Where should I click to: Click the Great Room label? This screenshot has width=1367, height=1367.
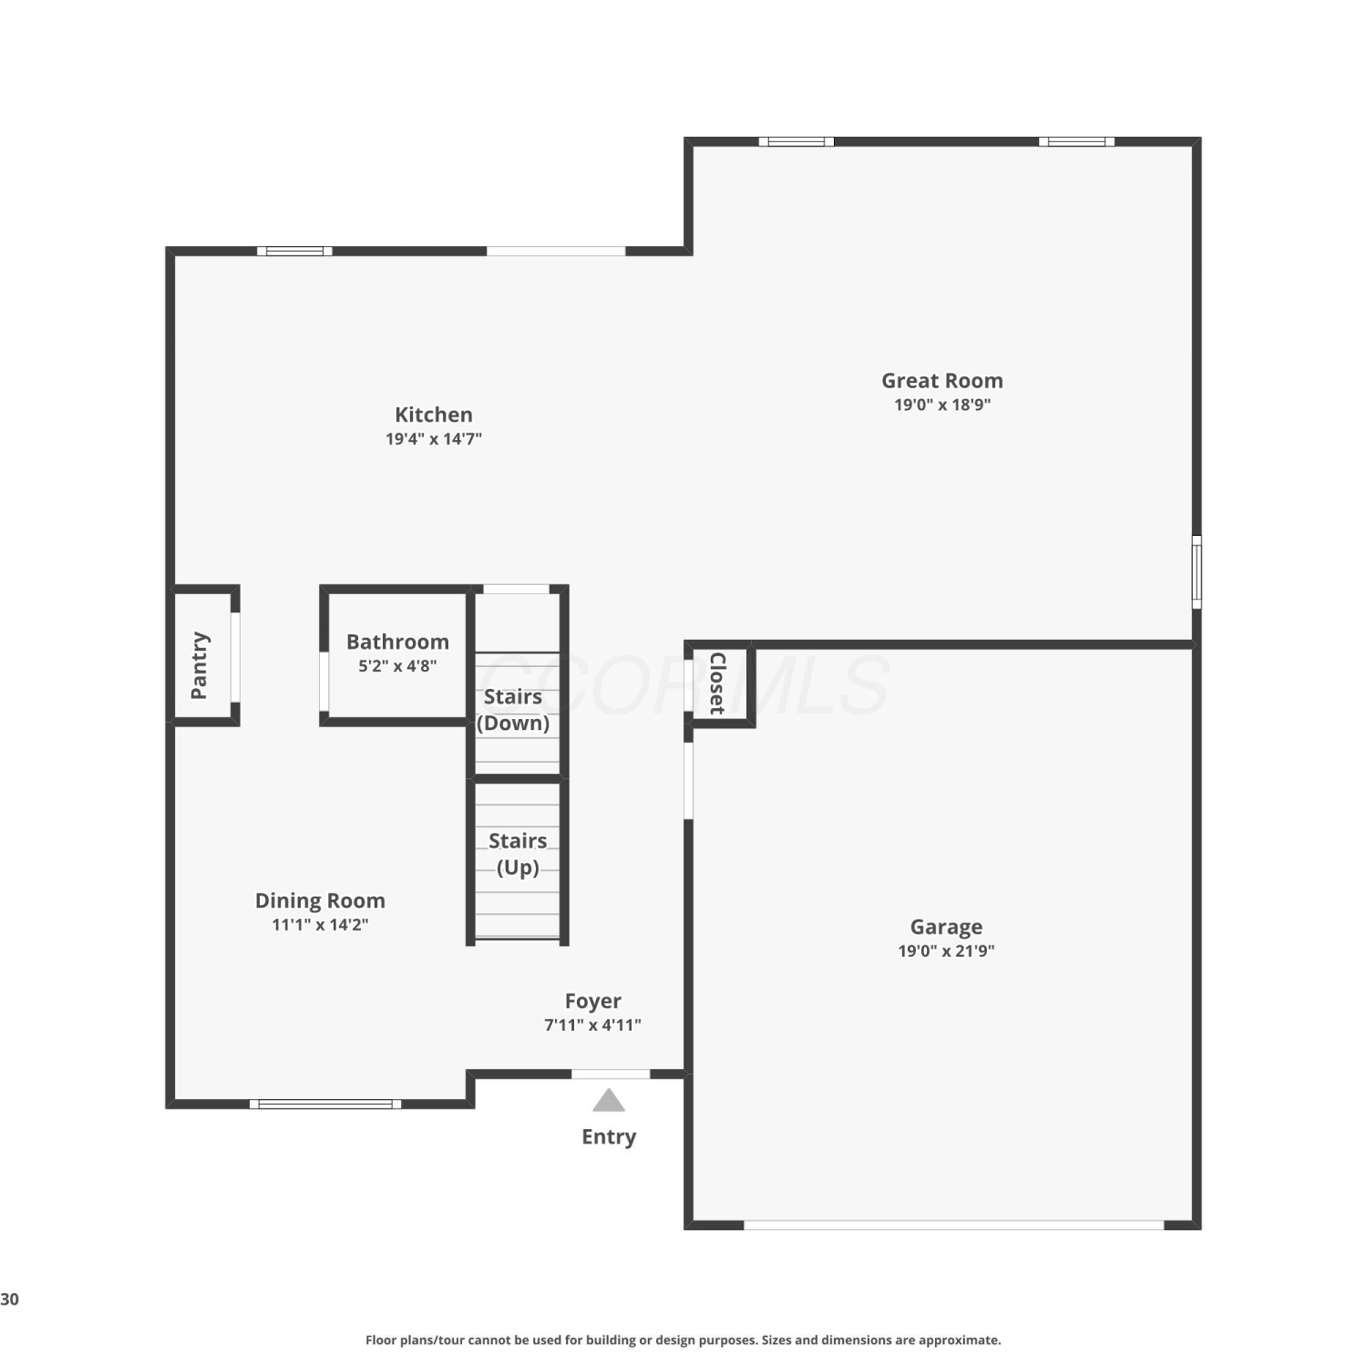[941, 381]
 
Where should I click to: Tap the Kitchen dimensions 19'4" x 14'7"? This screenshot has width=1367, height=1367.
[434, 438]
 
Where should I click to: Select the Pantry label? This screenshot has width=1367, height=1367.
[199, 665]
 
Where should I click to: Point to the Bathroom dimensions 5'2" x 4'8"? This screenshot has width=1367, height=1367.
[397, 665]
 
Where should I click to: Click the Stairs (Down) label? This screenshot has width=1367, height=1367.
[513, 710]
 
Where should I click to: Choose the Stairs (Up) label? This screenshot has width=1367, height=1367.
[518, 854]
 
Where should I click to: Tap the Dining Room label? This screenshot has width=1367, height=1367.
[320, 900]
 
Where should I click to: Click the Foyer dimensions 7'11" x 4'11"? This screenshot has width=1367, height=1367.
[592, 1024]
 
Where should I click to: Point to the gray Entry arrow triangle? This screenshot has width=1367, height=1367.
[609, 1102]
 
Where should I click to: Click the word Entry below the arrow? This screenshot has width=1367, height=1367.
[609, 1136]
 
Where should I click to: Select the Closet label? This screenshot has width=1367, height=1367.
[717, 683]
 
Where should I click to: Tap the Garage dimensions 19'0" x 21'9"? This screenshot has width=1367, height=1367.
[946, 951]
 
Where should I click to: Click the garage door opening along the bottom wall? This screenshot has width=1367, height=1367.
[954, 1225]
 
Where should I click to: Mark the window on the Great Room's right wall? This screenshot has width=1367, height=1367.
[1197, 571]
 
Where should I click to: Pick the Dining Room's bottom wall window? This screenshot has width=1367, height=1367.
[325, 1104]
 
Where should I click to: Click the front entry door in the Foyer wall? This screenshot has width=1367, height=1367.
[611, 1074]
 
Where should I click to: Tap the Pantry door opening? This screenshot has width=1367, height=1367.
[235, 657]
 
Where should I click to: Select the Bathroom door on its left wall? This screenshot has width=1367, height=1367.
[324, 681]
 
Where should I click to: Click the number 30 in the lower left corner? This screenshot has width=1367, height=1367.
[9, 1300]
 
